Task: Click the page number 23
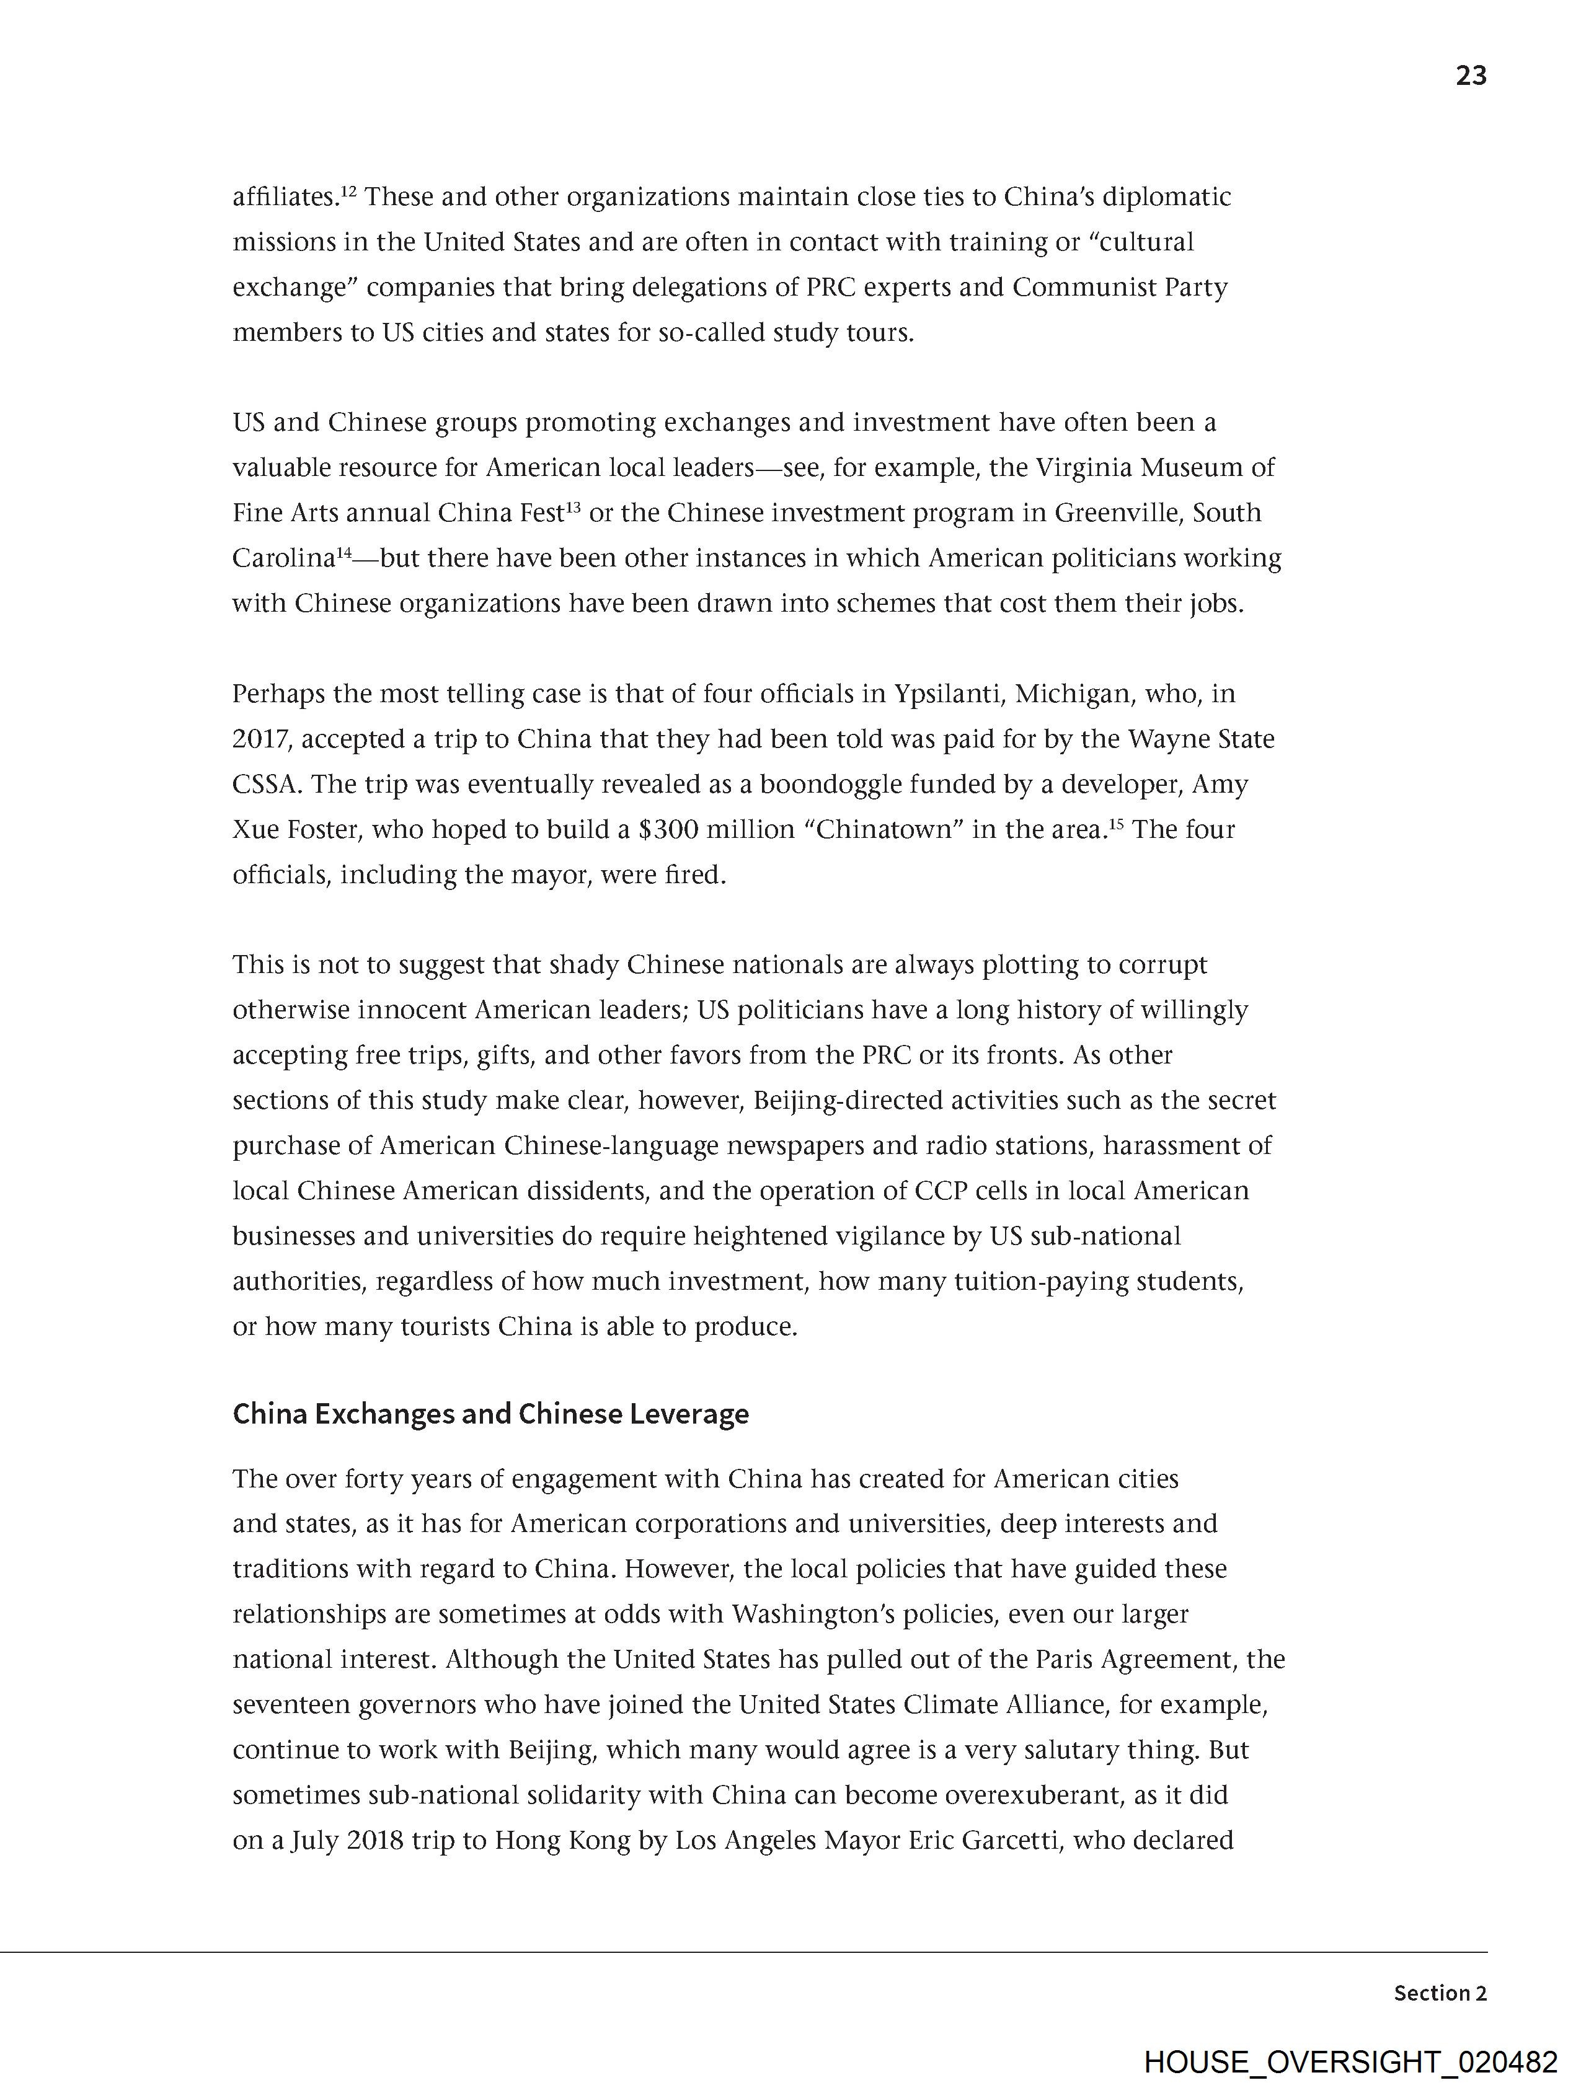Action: pos(1471,76)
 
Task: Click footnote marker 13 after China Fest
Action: pos(572,508)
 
